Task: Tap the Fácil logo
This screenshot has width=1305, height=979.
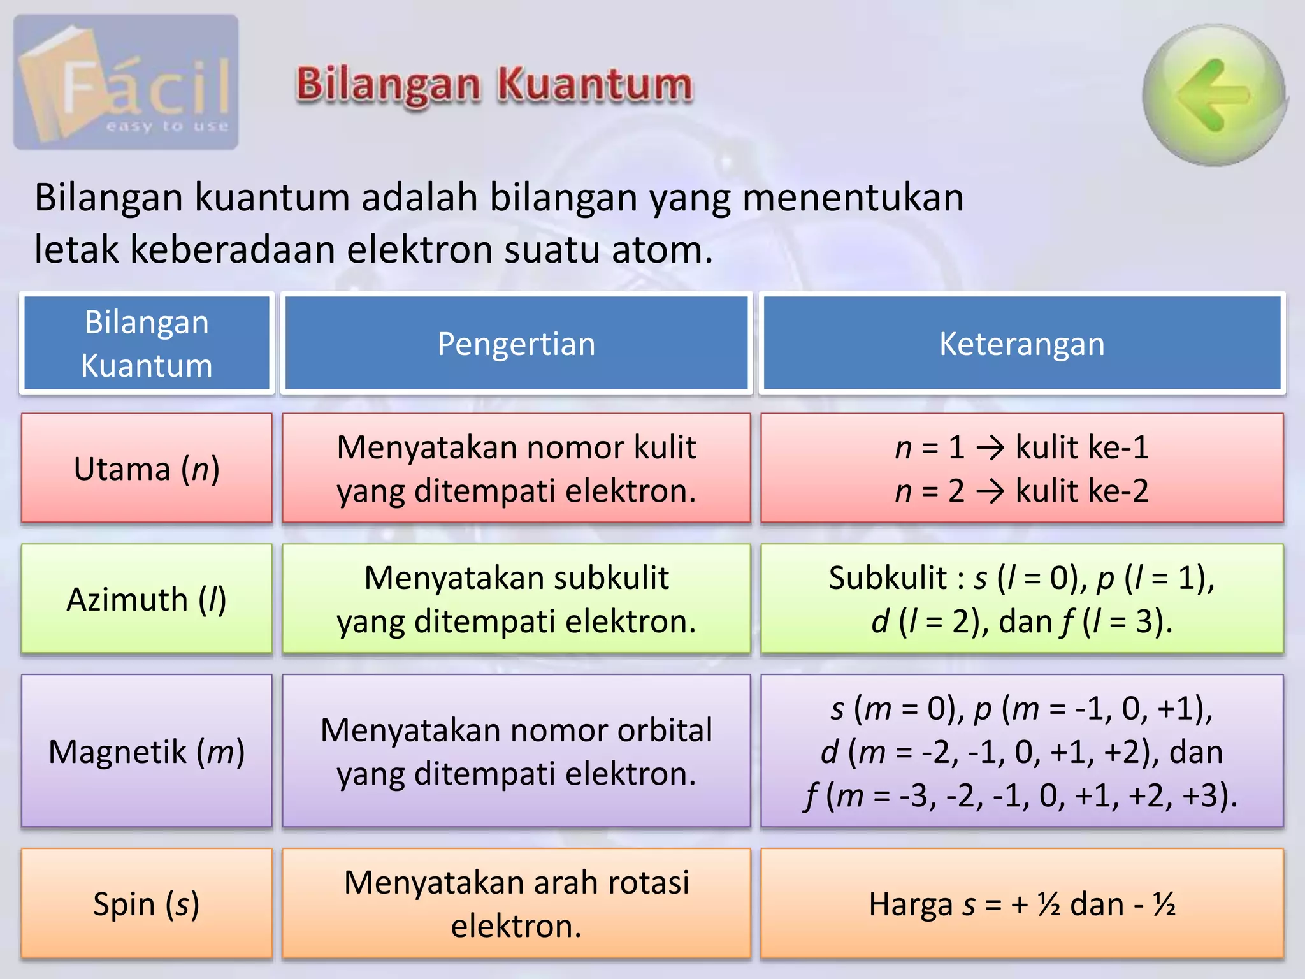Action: pos(126,83)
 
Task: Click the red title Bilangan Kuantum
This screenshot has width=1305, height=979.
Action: pos(494,85)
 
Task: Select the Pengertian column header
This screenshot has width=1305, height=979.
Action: pos(516,344)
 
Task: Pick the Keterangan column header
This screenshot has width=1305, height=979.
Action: pos(1021,344)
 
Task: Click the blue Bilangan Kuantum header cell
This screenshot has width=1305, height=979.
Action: pos(147,344)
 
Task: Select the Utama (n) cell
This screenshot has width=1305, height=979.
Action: pos(147,468)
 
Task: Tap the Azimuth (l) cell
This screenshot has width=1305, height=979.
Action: pos(147,599)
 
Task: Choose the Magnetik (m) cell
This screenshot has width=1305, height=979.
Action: pos(147,751)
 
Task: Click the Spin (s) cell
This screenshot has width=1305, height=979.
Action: pos(147,904)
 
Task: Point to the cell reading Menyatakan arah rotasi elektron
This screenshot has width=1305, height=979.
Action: pos(516,904)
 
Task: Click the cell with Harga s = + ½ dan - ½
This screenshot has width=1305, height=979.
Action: pos(1021,904)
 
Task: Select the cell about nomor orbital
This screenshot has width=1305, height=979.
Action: pos(516,751)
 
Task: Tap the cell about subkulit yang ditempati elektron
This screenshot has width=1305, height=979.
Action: pos(516,599)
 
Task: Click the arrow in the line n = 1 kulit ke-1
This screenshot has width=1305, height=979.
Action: pos(990,447)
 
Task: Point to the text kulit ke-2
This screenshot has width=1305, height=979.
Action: pos(1081,491)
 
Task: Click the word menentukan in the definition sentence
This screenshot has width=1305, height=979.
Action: pos(853,197)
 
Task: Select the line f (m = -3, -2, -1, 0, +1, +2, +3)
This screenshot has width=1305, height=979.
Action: pos(1021,795)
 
